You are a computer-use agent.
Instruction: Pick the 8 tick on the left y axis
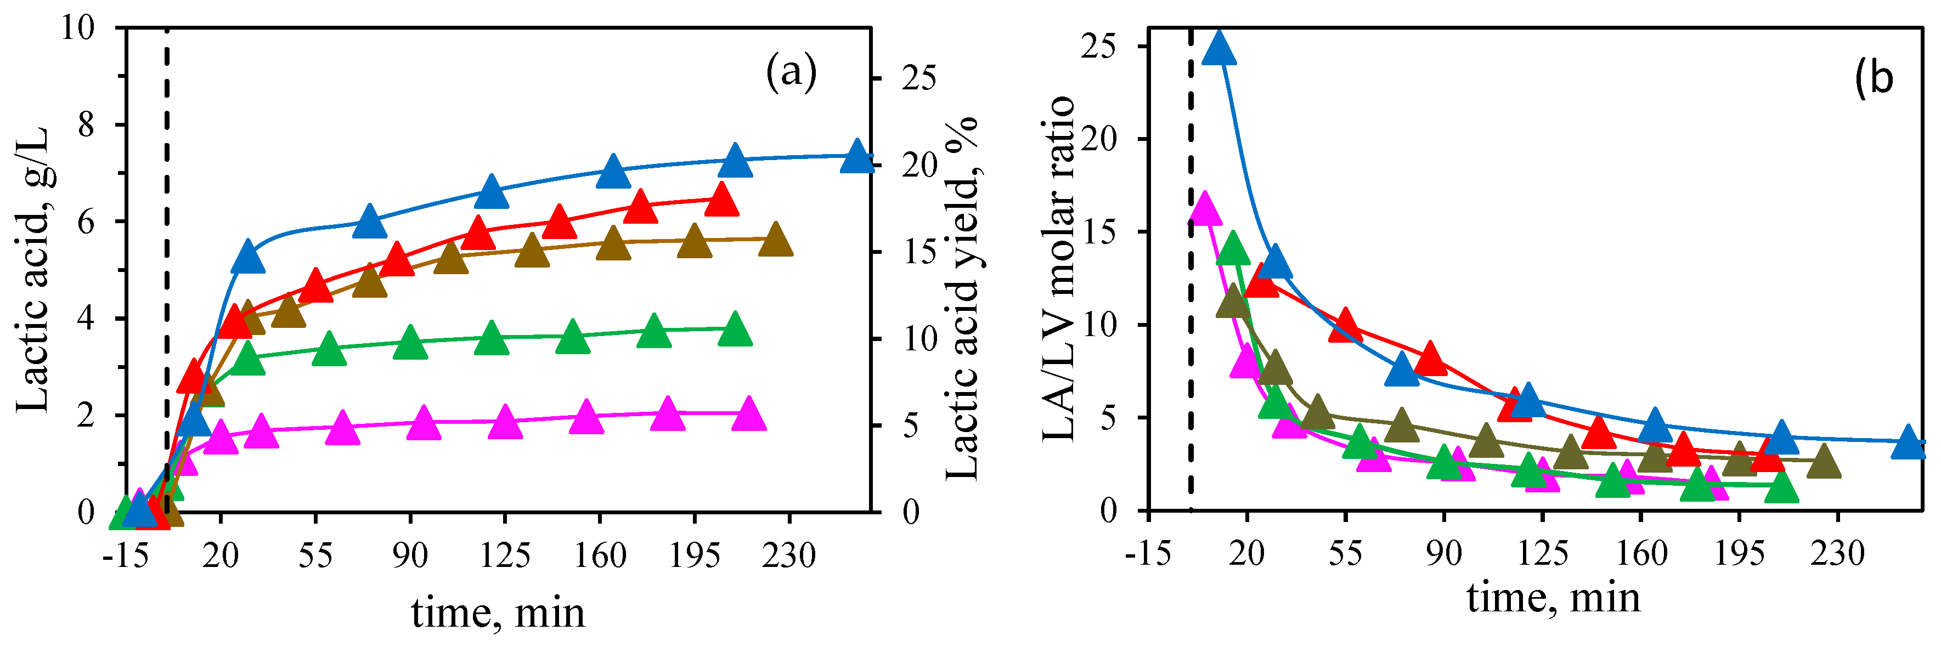coord(86,124)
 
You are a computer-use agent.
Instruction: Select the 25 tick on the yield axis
coord(919,77)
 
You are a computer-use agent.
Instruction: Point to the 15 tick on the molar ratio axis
coord(1098,232)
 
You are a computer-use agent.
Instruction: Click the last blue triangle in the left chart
coord(857,157)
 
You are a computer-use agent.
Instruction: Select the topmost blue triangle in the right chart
coord(1219,50)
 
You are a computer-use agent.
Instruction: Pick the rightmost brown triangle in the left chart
coord(775,241)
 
